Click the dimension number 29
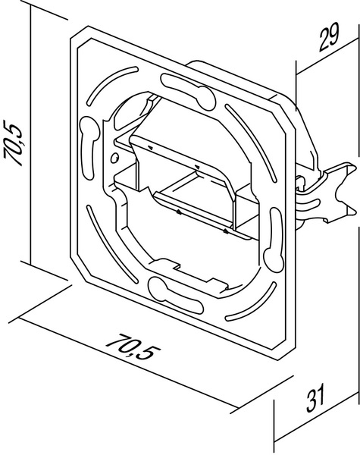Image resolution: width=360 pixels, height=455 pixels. pos(329,38)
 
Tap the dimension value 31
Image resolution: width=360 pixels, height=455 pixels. pos(316,397)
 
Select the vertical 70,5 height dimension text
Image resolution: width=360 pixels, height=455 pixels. pos(14,142)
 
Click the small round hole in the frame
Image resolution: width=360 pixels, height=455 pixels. pos(115,158)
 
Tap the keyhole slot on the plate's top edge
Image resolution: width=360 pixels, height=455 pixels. pos(188,92)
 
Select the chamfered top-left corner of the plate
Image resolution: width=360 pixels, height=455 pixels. pos(79,33)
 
